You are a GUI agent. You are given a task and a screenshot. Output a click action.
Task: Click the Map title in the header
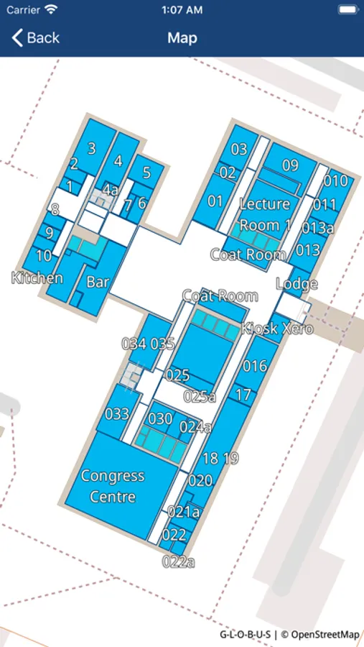[182, 38]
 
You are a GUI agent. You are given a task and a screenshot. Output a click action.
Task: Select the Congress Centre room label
[113, 486]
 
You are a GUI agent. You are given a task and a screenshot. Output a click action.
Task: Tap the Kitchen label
[37, 278]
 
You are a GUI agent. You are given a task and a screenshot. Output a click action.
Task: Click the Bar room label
[98, 282]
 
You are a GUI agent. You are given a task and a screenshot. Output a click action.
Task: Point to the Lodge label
[297, 284]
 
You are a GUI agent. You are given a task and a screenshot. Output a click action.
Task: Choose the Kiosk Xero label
[277, 329]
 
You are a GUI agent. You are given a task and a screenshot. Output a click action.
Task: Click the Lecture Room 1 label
[265, 214]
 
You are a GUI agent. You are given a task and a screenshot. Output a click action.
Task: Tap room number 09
[290, 165]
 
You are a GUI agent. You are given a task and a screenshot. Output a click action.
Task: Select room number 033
[117, 414]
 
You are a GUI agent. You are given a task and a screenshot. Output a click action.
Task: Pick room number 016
[255, 366]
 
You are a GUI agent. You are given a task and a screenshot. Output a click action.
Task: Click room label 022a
[178, 561]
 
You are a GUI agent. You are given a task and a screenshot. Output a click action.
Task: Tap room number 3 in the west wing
[92, 148]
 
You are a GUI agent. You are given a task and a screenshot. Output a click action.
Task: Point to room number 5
[147, 173]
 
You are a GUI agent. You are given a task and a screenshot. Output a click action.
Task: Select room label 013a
[317, 228]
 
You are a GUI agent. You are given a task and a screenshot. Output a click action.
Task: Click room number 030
[160, 419]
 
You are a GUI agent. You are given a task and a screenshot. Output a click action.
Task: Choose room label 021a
[184, 512]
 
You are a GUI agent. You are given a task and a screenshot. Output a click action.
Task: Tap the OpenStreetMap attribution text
[321, 634]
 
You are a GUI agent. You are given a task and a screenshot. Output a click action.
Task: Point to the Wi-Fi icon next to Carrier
[51, 9]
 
